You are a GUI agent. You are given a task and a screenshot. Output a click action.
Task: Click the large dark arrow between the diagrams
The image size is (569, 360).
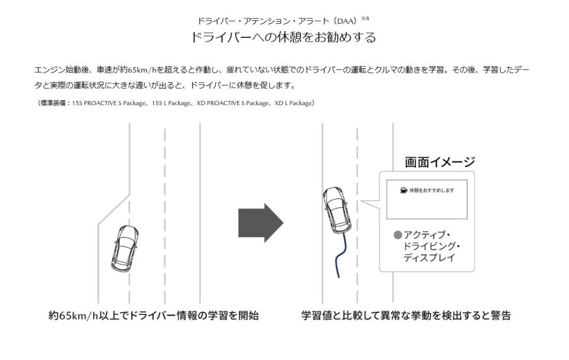pos(261,223)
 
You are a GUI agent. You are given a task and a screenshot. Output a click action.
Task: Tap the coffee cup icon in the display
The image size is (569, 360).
pos(403,190)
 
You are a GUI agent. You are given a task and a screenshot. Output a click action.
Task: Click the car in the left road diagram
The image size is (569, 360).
pos(124,248)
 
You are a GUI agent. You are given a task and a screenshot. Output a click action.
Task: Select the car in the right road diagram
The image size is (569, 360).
pos(337,210)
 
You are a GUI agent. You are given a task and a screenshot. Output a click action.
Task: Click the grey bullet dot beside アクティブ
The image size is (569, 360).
pos(398,235)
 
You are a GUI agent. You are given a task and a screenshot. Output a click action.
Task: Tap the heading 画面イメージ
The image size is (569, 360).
pos(440,162)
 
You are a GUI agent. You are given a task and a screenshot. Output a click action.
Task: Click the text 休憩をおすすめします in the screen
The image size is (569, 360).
pos(431,190)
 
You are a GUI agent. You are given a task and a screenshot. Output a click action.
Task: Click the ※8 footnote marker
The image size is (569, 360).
pos(365,18)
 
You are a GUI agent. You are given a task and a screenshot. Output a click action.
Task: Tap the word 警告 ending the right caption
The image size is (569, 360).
pos(501,315)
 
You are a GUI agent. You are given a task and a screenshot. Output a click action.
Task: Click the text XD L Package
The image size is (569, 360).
pos(293,103)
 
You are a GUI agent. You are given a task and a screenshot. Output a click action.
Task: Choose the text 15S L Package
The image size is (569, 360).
pos(171,103)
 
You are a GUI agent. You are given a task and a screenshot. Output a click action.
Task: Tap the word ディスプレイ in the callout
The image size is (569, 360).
pos(429,258)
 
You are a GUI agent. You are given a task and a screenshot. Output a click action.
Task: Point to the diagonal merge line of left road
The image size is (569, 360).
pos(113,210)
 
